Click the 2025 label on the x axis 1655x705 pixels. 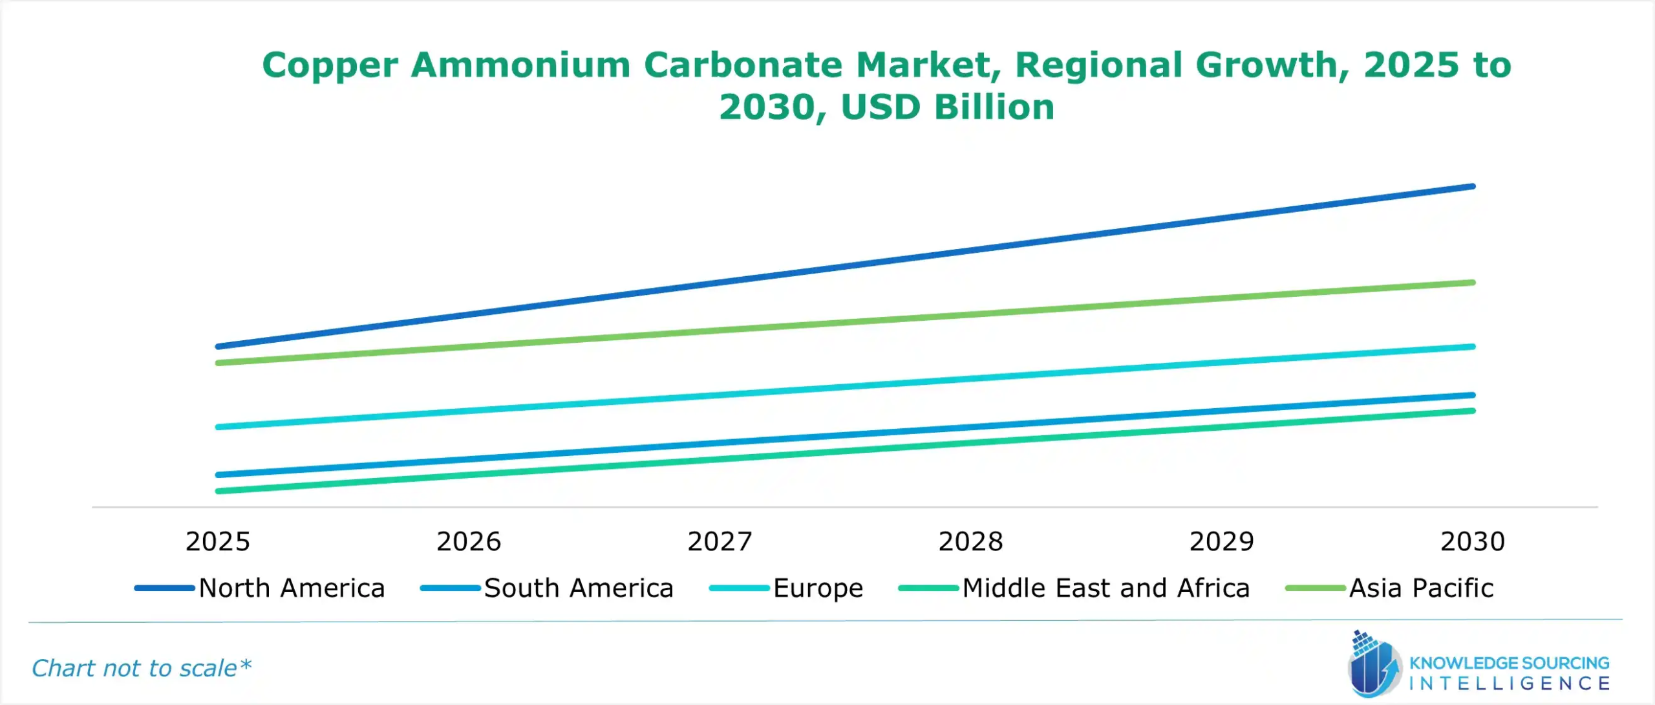tap(217, 541)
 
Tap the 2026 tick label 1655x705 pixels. tap(469, 541)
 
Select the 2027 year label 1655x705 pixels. tap(720, 541)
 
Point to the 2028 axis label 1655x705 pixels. tap(970, 541)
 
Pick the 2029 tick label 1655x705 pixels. tap(1221, 541)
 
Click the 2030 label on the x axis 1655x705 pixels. tap(1473, 541)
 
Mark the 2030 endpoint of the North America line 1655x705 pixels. tap(1473, 186)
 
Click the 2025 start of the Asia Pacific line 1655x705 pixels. tap(219, 363)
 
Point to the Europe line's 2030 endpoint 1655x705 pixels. tap(1473, 347)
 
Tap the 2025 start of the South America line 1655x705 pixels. tap(219, 475)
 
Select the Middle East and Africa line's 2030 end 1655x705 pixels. tap(1473, 411)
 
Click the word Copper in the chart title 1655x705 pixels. tap(330, 65)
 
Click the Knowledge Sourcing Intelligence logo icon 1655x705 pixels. tap(1374, 665)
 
